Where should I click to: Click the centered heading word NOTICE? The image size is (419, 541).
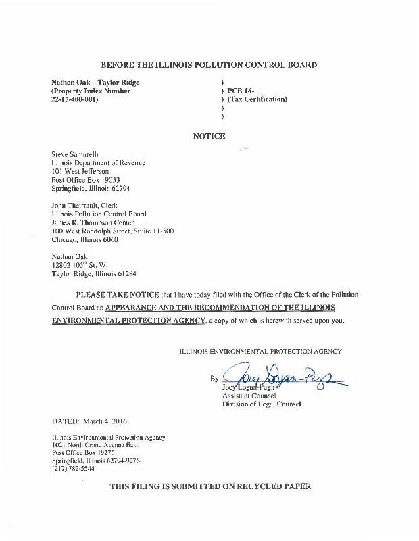[209, 136]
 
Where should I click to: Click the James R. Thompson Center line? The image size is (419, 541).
[93, 222]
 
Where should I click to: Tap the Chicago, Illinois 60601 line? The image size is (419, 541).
[86, 239]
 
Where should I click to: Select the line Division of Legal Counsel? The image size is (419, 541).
[262, 404]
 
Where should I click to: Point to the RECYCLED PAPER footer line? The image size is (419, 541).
[209, 487]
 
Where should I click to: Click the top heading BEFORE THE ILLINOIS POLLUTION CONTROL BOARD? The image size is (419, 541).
[209, 65]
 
